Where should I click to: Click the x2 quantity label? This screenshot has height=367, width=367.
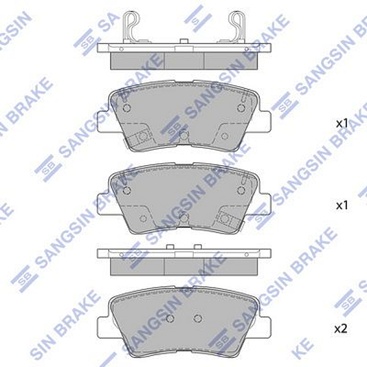point(341,329)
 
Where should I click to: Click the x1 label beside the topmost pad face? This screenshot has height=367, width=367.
point(342,123)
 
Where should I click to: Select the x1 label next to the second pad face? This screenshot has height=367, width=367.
point(342,205)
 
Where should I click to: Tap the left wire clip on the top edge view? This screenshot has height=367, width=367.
point(132,28)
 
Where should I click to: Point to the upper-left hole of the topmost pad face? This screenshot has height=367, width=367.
point(127,108)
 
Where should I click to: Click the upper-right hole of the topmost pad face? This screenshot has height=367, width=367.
point(240,108)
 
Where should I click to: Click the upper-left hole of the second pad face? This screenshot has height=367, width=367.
point(127,191)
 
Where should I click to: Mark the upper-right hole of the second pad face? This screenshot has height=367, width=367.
point(240,191)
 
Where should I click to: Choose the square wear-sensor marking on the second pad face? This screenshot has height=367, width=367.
point(224,219)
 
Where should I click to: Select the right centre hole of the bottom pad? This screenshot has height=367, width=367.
point(197,317)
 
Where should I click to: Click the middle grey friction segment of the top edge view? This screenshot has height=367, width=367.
point(184,60)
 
